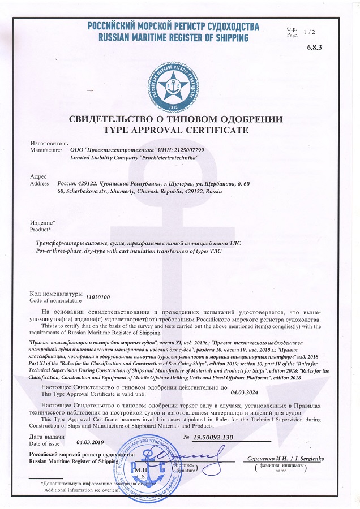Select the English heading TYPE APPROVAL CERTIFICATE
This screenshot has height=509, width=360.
[175, 130]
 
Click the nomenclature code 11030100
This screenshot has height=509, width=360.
[97, 296]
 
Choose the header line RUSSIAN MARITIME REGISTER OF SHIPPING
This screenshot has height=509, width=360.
[173, 38]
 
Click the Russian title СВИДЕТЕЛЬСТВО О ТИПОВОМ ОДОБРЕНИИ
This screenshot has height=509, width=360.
[175, 119]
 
